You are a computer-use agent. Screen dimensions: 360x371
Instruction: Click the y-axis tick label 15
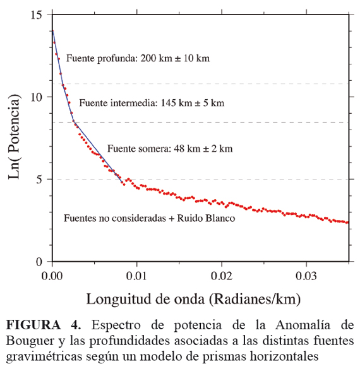(x=36, y=15)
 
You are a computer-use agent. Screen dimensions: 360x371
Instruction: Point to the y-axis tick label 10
(x=36, y=97)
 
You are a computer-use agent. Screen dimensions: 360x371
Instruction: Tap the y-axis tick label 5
(x=39, y=179)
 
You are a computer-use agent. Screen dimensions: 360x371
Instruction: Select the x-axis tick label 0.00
(x=52, y=276)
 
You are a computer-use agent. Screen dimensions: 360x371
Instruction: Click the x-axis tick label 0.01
(x=136, y=276)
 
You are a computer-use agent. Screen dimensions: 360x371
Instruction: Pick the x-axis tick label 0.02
(x=222, y=276)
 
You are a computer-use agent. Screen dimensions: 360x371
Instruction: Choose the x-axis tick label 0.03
(x=306, y=276)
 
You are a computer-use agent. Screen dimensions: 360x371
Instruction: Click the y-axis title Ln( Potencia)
(x=14, y=137)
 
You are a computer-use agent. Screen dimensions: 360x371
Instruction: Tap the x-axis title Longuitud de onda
(x=145, y=299)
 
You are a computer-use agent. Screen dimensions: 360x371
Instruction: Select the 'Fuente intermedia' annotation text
(x=118, y=103)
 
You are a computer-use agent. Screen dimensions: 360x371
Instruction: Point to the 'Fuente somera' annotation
(x=139, y=149)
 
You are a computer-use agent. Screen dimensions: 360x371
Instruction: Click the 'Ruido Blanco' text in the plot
(x=206, y=218)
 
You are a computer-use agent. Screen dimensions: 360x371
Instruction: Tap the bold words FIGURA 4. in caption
(x=44, y=325)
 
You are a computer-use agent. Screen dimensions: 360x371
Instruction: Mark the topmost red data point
(x=53, y=31)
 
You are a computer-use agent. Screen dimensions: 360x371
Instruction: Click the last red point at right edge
(x=347, y=222)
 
